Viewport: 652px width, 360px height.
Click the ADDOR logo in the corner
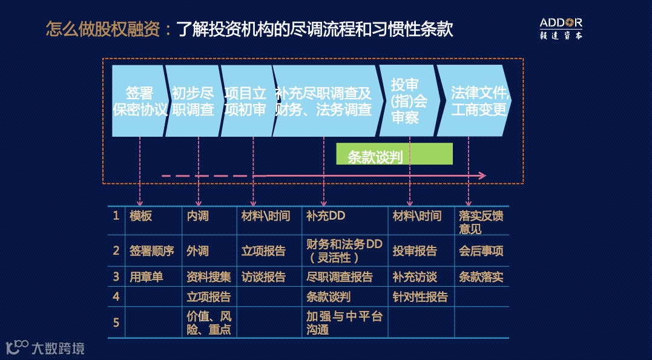(561, 28)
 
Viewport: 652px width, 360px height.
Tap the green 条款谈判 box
(394, 154)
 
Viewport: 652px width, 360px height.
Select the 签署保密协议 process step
(139, 101)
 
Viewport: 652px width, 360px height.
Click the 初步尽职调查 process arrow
(193, 101)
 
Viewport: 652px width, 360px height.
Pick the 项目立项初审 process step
(245, 101)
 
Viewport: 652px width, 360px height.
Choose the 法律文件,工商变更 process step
(478, 101)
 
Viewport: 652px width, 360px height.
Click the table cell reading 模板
(141, 216)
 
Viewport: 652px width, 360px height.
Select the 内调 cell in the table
(197, 216)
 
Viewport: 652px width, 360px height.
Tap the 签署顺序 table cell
(151, 251)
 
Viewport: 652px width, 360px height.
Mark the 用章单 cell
(147, 277)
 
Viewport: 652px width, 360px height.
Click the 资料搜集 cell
(208, 277)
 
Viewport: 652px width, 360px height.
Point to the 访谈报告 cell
(263, 277)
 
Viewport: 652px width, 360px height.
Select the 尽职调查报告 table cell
(340, 277)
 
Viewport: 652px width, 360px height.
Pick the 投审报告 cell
(415, 251)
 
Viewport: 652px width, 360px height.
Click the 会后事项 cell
(481, 251)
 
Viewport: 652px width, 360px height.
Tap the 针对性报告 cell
(420, 297)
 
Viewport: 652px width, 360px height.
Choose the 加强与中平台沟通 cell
(344, 323)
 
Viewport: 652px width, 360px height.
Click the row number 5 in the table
(116, 322)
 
